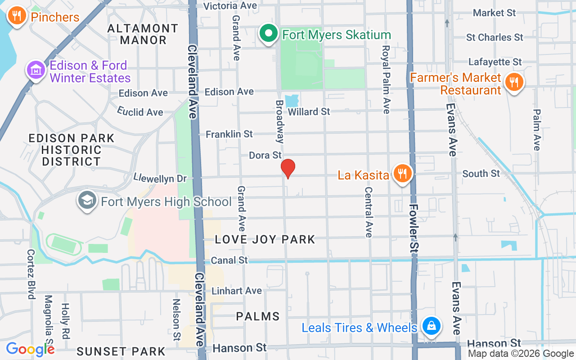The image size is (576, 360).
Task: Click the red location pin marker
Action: [288, 169]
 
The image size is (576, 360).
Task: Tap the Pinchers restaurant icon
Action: [17, 17]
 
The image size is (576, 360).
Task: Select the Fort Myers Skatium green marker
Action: [269, 34]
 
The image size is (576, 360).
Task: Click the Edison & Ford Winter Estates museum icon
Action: [36, 71]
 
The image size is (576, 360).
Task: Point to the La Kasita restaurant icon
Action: [402, 174]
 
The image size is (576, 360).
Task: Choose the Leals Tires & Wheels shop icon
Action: [431, 326]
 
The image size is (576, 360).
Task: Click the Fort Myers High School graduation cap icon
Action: [87, 201]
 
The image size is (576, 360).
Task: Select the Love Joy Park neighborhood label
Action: [265, 239]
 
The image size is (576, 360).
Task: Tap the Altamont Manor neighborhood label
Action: [143, 34]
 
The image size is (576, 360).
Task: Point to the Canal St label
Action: [229, 260]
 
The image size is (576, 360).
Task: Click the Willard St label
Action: [309, 111]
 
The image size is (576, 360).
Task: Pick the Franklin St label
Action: [229, 134]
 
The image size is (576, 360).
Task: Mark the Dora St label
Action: [265, 155]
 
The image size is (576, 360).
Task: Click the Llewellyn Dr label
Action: [160, 178]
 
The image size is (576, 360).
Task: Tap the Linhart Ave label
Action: [237, 291]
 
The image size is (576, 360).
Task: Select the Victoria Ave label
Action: [230, 6]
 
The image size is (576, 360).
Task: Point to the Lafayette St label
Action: [495, 62]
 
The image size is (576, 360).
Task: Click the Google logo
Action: [31, 349]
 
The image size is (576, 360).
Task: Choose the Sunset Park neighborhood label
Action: [121, 351]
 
